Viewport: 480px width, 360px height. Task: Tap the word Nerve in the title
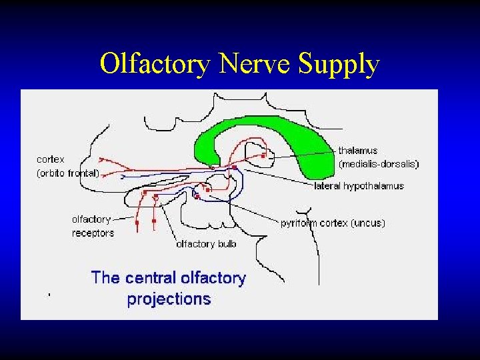(x=256, y=65)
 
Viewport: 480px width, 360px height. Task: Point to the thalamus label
(x=357, y=151)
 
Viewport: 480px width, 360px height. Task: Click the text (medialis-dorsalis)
(x=378, y=163)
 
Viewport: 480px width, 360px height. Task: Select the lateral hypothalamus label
(x=359, y=186)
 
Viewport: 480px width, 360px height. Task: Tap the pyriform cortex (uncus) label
(x=333, y=223)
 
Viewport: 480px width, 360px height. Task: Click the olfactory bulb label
(x=206, y=244)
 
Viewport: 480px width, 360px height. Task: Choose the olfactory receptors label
(x=93, y=226)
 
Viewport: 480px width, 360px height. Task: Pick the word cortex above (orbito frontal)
(x=51, y=159)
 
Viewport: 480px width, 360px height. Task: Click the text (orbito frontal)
(x=67, y=173)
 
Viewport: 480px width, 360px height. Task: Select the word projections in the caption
(x=169, y=299)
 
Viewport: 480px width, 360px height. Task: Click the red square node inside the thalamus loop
(x=264, y=155)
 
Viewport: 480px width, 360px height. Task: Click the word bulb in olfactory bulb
(x=226, y=244)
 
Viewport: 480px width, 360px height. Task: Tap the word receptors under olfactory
(x=93, y=233)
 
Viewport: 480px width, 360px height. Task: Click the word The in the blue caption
(x=105, y=278)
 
